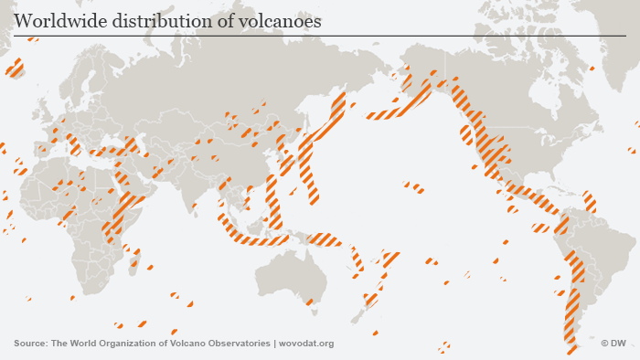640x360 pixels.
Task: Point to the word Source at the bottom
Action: [30, 344]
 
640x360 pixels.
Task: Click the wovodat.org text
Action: [306, 344]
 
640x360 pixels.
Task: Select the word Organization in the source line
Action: [139, 344]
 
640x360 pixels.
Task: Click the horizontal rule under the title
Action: [320, 36]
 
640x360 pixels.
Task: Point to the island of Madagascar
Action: [134, 265]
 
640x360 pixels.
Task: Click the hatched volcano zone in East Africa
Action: [123, 215]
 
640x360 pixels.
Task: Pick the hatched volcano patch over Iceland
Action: [15, 68]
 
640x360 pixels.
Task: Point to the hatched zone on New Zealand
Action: [372, 298]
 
